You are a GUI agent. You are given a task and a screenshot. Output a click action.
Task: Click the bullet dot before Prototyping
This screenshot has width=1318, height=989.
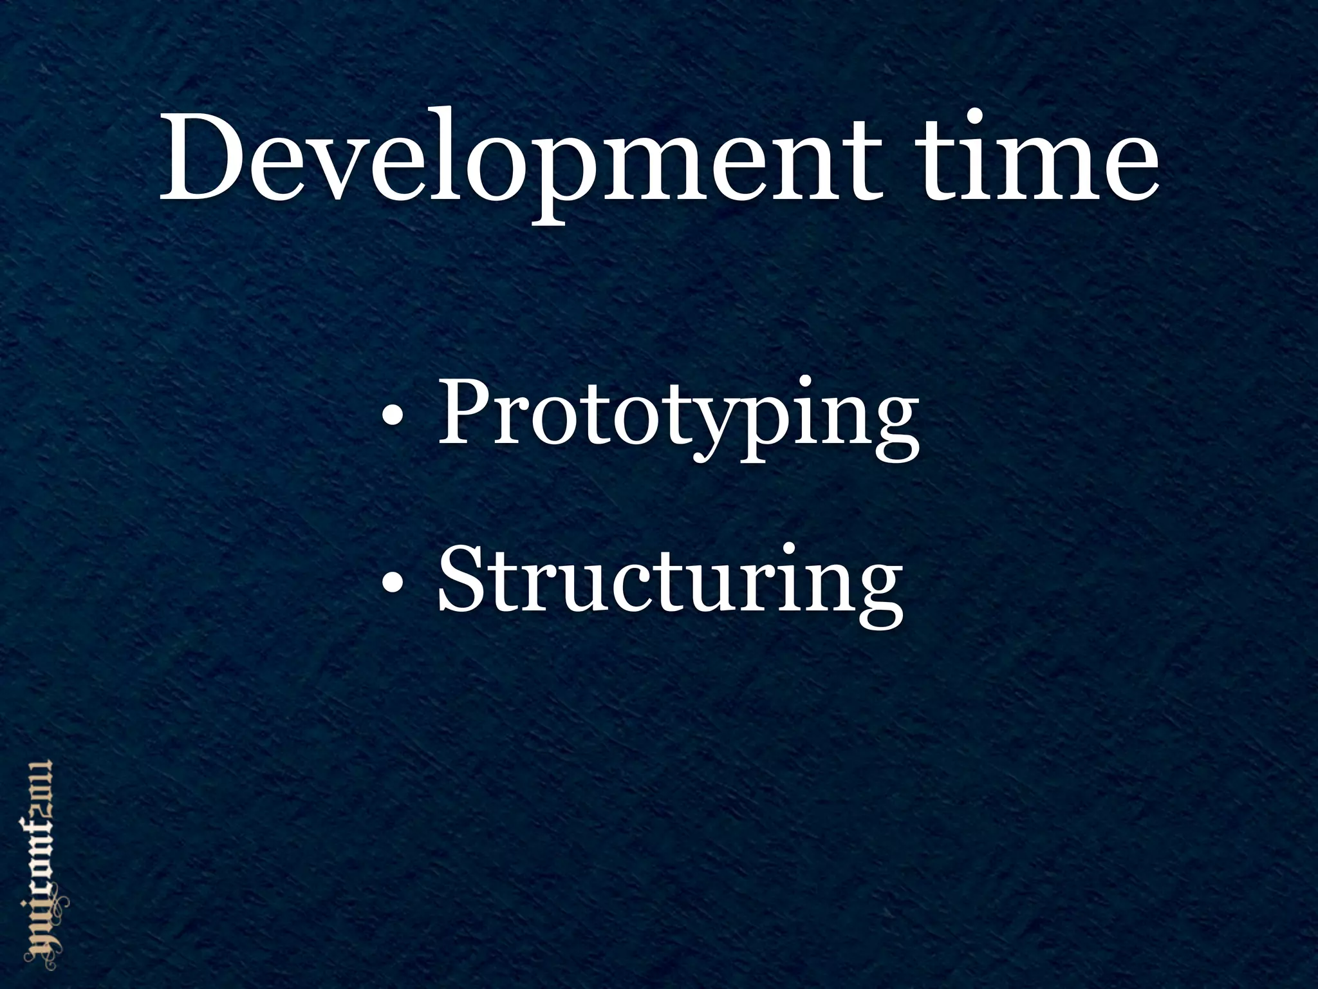pos(393,422)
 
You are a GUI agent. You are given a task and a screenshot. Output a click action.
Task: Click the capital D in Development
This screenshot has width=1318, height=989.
pos(202,158)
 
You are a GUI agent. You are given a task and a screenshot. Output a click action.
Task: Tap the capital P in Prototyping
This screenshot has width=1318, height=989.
pos(463,412)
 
